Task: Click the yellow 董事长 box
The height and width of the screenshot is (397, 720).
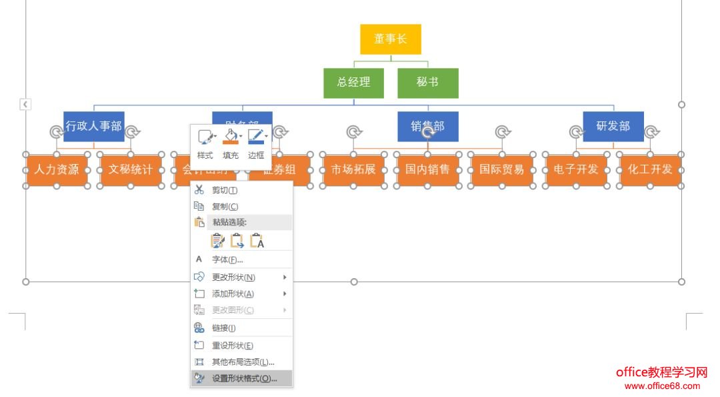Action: [391, 39]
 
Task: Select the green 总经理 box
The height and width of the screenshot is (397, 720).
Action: [353, 83]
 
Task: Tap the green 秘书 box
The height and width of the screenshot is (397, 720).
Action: [428, 83]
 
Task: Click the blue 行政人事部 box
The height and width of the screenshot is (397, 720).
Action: [94, 126]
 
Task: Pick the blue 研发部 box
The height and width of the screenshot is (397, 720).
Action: [613, 126]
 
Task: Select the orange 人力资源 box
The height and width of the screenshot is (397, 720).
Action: [57, 169]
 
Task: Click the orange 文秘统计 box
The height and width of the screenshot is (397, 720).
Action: [131, 169]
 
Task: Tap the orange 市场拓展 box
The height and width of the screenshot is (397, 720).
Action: [353, 169]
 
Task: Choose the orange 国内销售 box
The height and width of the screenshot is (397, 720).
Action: [428, 169]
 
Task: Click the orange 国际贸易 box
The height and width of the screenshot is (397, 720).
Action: [502, 169]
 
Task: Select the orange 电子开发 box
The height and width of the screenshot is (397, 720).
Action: [576, 169]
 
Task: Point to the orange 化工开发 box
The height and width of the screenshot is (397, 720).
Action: [650, 169]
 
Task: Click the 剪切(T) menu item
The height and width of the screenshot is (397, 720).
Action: [220, 190]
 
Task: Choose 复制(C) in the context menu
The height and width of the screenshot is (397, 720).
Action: [225, 207]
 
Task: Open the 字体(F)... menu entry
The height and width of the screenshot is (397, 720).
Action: [227, 260]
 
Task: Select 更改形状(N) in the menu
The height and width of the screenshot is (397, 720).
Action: [233, 277]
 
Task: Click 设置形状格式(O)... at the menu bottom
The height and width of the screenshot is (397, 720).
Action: [244, 378]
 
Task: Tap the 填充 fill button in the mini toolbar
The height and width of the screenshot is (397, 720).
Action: [231, 143]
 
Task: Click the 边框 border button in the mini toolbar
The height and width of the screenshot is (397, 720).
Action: [256, 143]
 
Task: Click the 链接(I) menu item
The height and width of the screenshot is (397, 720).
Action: [224, 328]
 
